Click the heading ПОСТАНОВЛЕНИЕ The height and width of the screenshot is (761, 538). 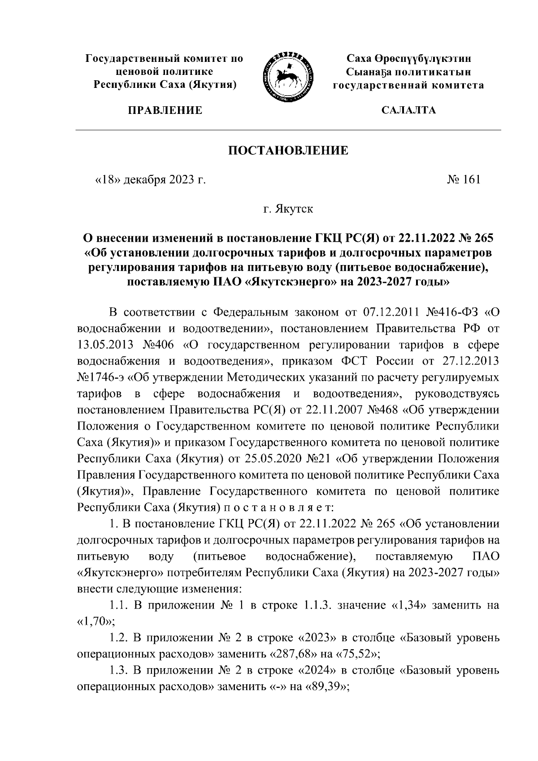[289, 150]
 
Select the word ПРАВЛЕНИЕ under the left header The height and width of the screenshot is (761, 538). [165, 110]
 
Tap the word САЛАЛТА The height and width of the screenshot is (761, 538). [408, 110]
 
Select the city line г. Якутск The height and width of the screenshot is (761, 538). [288, 209]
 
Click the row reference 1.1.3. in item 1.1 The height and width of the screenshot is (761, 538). [317, 606]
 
